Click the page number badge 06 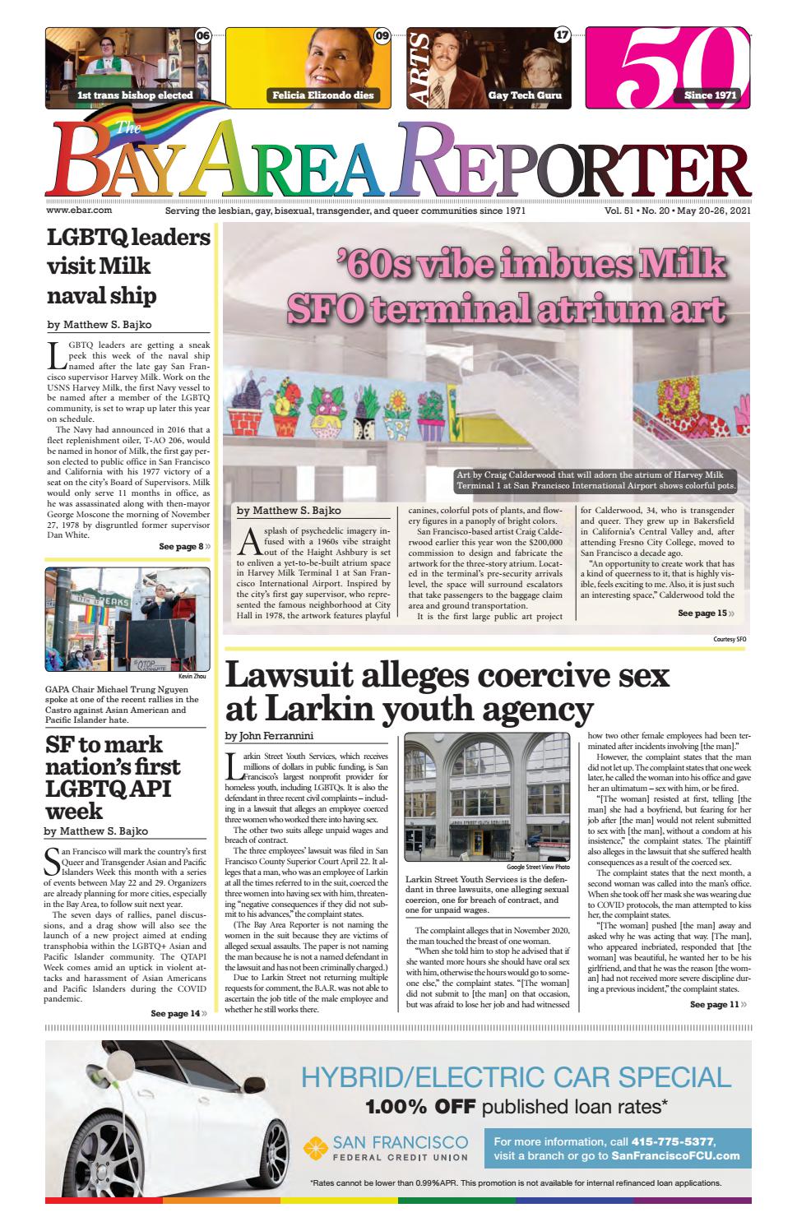click(x=202, y=35)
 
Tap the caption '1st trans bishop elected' click(x=135, y=95)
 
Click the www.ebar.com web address click(x=79, y=211)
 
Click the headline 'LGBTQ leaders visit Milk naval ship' click(x=128, y=266)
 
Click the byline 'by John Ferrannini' click(x=269, y=735)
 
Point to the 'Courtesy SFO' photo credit click(x=730, y=639)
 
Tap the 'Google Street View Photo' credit click(x=538, y=867)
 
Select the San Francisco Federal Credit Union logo click(x=386, y=1148)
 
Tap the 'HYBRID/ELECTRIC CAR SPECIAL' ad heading click(x=516, y=1076)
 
